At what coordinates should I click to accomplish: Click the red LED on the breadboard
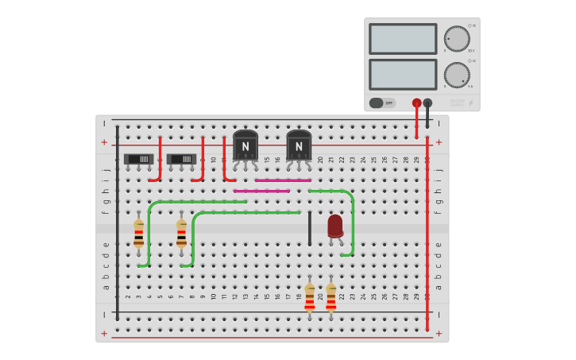pyautogui.click(x=335, y=225)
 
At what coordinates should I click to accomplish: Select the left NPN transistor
pyautogui.click(x=245, y=145)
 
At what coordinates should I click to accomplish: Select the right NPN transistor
pyautogui.click(x=299, y=145)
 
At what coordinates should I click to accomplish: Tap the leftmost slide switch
pyautogui.click(x=139, y=159)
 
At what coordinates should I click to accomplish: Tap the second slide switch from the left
pyautogui.click(x=182, y=159)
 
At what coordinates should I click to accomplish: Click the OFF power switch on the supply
pyautogui.click(x=382, y=103)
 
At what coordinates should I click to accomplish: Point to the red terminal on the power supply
pyautogui.click(x=416, y=103)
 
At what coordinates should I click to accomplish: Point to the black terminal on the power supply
pyautogui.click(x=427, y=103)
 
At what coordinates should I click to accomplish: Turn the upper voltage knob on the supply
pyautogui.click(x=457, y=38)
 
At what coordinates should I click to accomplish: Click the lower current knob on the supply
pyautogui.click(x=457, y=75)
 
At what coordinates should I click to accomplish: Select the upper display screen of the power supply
pyautogui.click(x=403, y=38)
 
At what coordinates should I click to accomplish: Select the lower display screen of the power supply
pyautogui.click(x=403, y=74)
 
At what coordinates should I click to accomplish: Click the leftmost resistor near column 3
pyautogui.click(x=139, y=234)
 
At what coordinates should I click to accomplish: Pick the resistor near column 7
pyautogui.click(x=182, y=234)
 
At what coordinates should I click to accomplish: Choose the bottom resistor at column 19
pyautogui.click(x=310, y=296)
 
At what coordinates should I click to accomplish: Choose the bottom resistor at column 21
pyautogui.click(x=331, y=296)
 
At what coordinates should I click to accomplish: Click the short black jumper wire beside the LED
pyautogui.click(x=310, y=228)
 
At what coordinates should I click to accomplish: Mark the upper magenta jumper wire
pyautogui.click(x=283, y=180)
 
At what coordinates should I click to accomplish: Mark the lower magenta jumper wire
pyautogui.click(x=261, y=191)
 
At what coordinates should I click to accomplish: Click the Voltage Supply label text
pyautogui.click(x=458, y=103)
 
